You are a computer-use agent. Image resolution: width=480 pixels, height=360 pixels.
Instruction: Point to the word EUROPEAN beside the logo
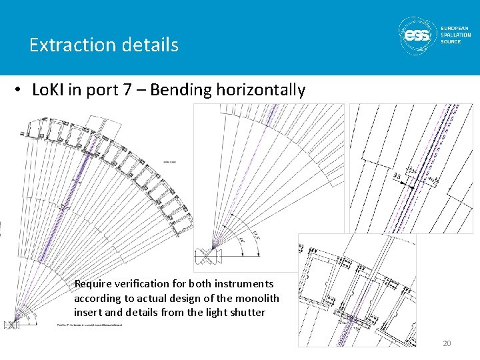(x=455, y=28)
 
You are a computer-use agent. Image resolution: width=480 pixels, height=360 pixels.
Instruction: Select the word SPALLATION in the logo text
(x=456, y=35)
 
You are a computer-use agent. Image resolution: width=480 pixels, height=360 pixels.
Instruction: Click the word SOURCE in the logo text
(x=451, y=41)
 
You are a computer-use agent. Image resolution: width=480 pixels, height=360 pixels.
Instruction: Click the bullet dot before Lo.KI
(x=21, y=91)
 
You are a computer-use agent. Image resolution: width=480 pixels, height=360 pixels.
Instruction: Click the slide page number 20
(x=447, y=343)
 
